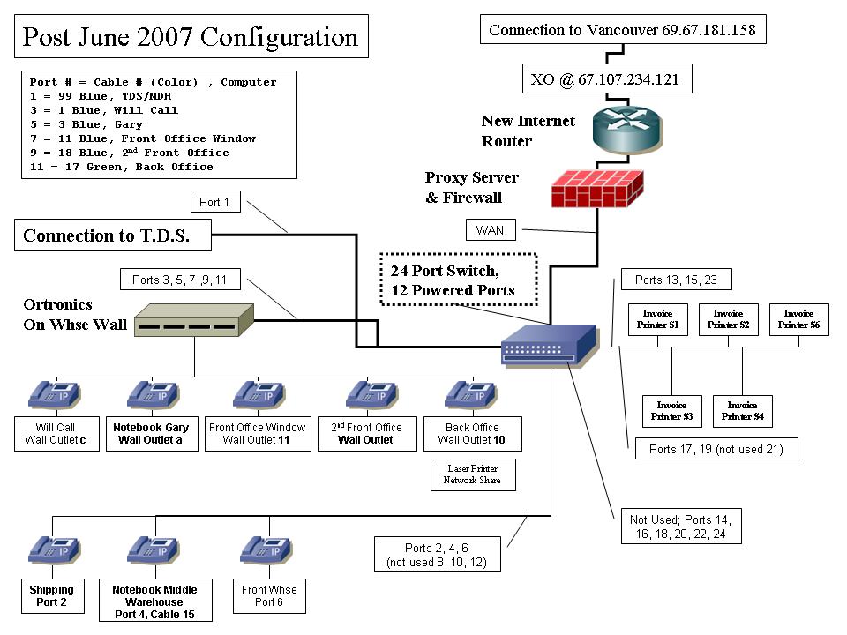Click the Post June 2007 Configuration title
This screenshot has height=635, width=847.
click(x=191, y=37)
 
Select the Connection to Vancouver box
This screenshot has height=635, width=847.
click(x=622, y=30)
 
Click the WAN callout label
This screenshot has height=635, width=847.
click(x=490, y=230)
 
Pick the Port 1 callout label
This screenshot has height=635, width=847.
click(x=214, y=202)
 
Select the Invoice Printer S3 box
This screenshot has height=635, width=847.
click(x=671, y=410)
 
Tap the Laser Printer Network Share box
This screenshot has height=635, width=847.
click(x=472, y=474)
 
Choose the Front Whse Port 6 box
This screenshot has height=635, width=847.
click(x=269, y=595)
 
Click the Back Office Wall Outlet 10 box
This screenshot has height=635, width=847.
click(x=472, y=433)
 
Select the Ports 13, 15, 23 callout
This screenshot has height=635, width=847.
click(x=676, y=280)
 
